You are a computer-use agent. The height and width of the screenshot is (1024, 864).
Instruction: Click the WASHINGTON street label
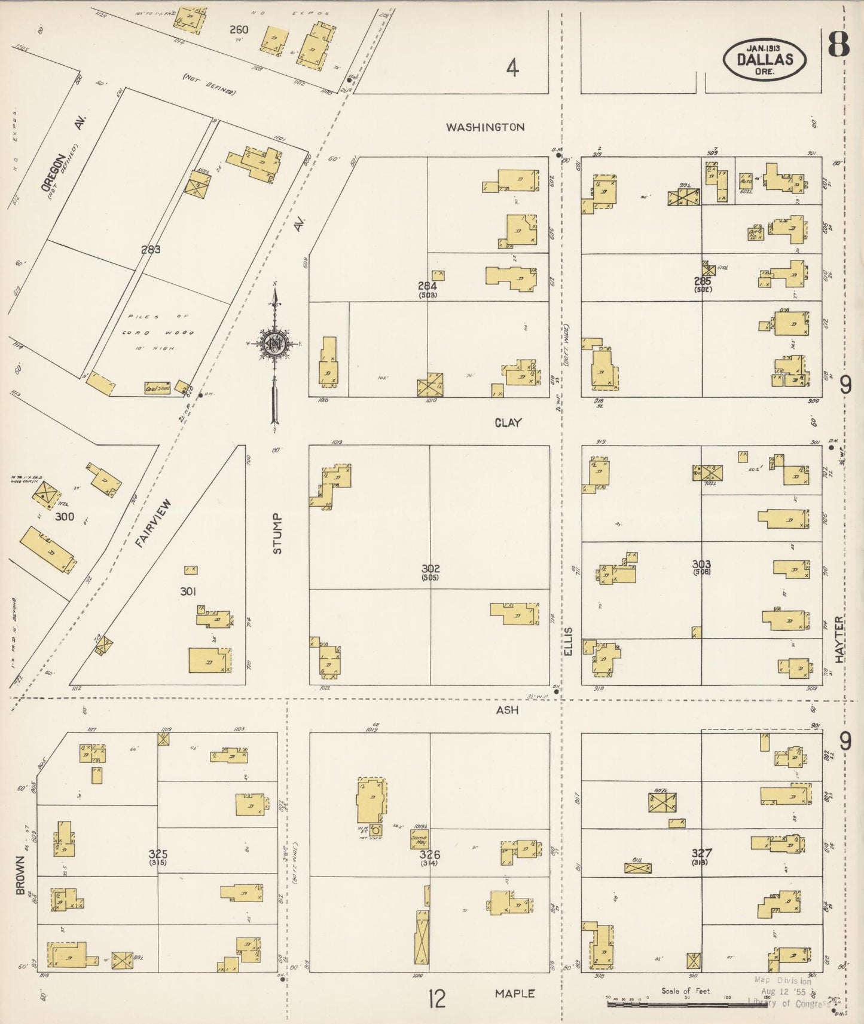click(x=486, y=127)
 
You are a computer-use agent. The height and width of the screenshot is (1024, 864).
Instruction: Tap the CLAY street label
click(x=508, y=422)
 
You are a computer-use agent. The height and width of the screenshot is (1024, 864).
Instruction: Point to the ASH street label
click(x=507, y=710)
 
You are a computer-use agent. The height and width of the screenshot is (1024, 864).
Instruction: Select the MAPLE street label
click(x=514, y=993)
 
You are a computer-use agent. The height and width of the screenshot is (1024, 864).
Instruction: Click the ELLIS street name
click(x=568, y=641)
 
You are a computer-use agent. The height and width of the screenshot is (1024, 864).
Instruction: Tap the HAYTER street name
click(x=840, y=639)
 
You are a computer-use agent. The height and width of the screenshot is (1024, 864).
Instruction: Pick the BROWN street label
click(x=21, y=875)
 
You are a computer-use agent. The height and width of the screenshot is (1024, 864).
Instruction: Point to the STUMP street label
click(x=277, y=533)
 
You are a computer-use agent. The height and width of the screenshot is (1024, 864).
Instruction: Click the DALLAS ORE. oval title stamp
click(x=765, y=59)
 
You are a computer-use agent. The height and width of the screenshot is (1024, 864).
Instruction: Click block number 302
click(x=430, y=568)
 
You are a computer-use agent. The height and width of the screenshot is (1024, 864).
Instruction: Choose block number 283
click(x=151, y=249)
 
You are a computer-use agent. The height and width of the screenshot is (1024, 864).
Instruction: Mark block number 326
click(x=429, y=854)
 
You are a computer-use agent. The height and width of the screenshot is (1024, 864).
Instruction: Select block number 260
click(x=240, y=29)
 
